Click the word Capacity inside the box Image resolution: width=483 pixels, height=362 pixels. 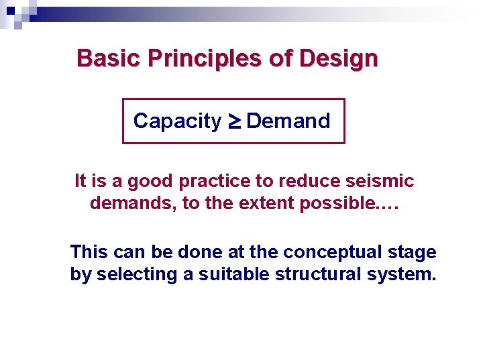(x=177, y=121)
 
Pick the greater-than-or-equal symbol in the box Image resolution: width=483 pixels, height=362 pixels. (x=234, y=121)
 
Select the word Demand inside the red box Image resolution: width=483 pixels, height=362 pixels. (x=288, y=121)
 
